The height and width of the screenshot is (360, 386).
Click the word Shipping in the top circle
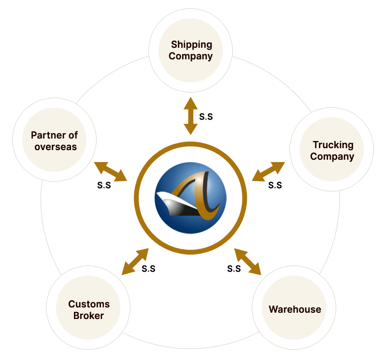191,45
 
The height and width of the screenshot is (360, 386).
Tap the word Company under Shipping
191,56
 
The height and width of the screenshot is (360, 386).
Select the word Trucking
333,145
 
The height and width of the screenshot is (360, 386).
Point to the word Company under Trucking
332,156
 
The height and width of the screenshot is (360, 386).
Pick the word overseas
56,147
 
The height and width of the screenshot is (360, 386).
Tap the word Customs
89,304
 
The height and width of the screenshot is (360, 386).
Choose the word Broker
89,316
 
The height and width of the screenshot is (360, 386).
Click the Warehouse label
295,309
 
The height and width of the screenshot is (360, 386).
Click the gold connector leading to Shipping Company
191,115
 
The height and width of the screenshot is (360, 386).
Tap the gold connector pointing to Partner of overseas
111,171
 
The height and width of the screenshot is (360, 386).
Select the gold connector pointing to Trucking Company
269,171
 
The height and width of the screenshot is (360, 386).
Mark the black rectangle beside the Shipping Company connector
206,116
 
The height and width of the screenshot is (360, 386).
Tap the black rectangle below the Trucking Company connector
275,185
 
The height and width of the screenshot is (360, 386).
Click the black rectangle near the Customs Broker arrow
148,269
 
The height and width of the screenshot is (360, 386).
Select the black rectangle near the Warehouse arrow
234,269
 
